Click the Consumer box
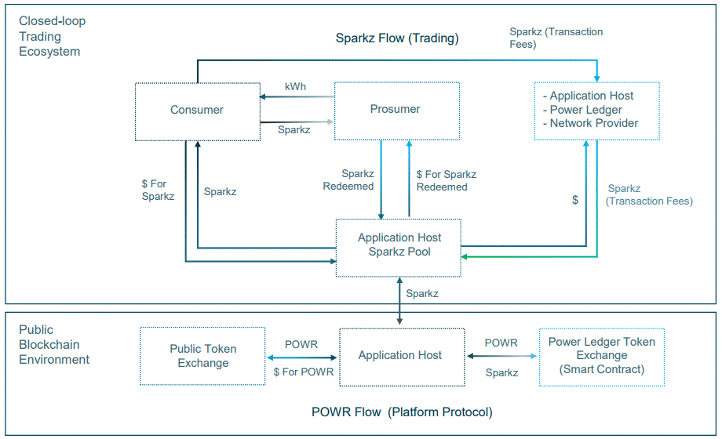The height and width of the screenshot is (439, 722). coord(197,111)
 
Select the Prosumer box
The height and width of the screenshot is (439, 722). coord(396,110)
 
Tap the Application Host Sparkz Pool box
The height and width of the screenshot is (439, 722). coord(399,245)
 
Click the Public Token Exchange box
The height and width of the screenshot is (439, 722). coord(202,356)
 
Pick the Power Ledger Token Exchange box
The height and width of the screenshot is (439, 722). coord(601,355)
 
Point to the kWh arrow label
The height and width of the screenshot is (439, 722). coord(295,86)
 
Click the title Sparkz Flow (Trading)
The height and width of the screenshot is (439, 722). coord(397,38)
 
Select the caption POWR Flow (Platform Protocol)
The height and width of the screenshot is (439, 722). coord(402,412)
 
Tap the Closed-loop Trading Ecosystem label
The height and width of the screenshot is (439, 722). coord(52,36)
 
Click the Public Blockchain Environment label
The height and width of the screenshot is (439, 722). coord(54,345)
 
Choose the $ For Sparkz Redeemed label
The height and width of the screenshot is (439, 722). coord(445,180)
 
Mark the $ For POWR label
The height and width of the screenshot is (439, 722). coord(303,372)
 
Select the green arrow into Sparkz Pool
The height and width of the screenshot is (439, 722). coord(534,256)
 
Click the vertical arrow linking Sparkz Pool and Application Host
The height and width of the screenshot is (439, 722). coord(399,302)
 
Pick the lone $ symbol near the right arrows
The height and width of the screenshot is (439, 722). coord(575,201)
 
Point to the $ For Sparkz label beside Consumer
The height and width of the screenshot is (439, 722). coord(158,190)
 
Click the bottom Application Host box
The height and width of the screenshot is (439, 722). coord(399,356)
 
